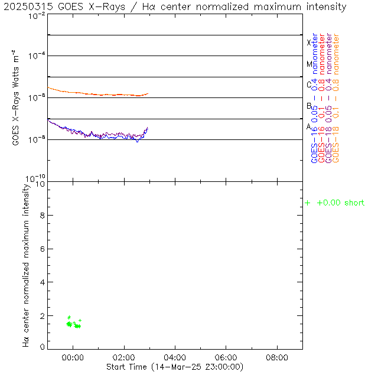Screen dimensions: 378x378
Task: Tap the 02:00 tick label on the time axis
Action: point(124,358)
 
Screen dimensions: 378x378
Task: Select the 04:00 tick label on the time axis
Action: point(175,358)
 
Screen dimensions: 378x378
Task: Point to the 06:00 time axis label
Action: point(226,358)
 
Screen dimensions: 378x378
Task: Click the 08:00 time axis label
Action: point(277,358)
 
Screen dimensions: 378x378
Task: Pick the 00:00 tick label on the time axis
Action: point(73,358)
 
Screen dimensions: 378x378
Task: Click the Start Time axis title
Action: point(174,367)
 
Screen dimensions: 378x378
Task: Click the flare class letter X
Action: point(309,43)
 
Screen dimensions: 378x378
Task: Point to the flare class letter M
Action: point(309,64)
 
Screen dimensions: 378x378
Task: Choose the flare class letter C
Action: point(309,84)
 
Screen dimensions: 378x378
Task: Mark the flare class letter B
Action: point(309,106)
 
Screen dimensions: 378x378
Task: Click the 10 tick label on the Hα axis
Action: point(40,184)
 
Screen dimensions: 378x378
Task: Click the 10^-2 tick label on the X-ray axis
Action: point(36,15)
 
